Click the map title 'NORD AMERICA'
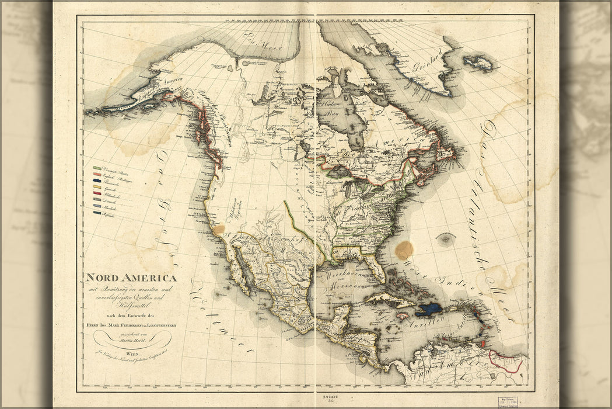coord(131,278)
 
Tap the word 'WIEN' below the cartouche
coord(132,353)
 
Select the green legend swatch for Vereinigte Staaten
coord(97,168)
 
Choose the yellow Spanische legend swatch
coord(97,187)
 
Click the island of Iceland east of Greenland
coord(479,63)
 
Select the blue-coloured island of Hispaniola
coord(429,309)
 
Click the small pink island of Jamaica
coord(402,316)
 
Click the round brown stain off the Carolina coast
coord(404,250)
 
